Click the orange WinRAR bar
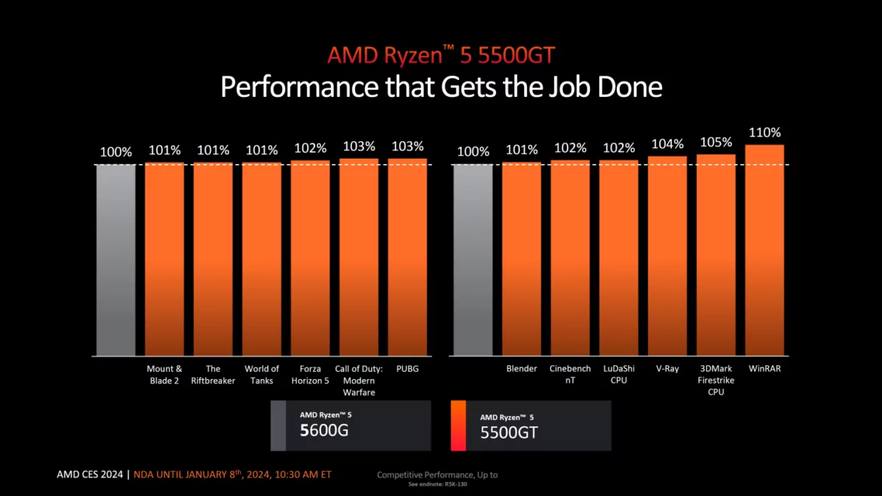764,250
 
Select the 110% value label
764,133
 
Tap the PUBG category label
407,369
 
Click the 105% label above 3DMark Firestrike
716,142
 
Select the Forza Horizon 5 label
310,375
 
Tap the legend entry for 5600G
351,425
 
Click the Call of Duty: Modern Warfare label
359,381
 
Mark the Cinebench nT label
570,375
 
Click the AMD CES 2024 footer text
90,475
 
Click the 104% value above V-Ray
667,144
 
